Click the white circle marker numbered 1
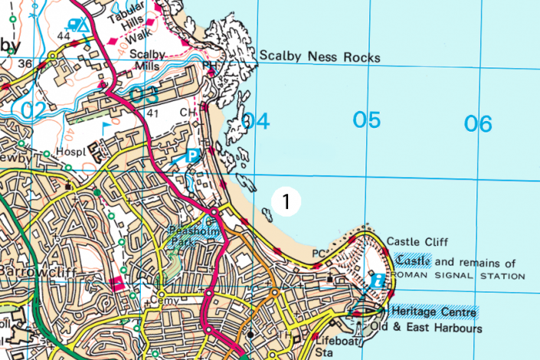tap(285, 201)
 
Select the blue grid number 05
tap(367, 120)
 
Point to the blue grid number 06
tap(478, 123)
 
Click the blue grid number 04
tap(256, 121)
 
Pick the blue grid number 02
tap(33, 110)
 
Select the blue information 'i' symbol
tap(377, 281)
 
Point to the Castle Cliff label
tap(417, 241)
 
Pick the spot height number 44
tap(64, 37)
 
